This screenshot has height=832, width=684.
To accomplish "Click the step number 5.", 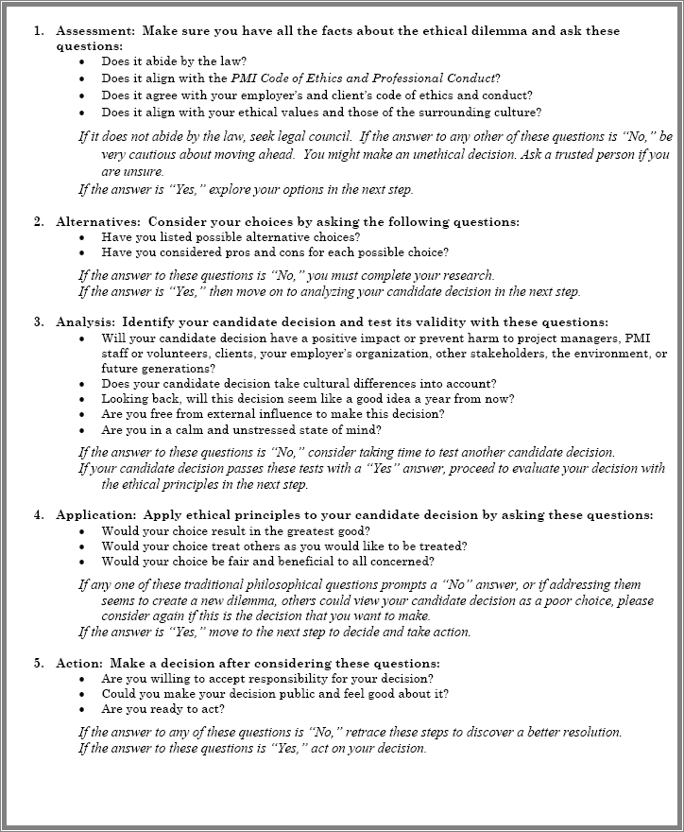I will (39, 663).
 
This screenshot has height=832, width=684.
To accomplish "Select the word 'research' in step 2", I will (467, 276).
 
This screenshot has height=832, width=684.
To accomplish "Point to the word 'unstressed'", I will (265, 429).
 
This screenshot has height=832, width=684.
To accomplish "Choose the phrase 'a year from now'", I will (467, 399).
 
